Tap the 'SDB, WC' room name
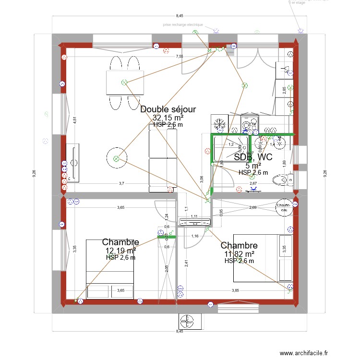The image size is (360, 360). point(253,157)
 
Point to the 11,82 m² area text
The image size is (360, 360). point(239,254)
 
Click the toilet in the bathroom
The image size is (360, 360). point(282,180)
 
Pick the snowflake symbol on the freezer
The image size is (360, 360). point(220,123)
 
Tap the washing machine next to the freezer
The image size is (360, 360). point(249,124)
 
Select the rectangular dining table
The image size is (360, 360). point(125,83)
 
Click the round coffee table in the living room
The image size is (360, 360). point(116,158)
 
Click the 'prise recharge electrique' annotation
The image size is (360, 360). point(183,24)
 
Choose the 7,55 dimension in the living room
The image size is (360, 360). point(179,57)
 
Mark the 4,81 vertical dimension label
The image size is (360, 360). point(74,120)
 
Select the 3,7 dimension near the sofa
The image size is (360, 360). point(121,183)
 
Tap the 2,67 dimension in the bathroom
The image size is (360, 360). point(253,183)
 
